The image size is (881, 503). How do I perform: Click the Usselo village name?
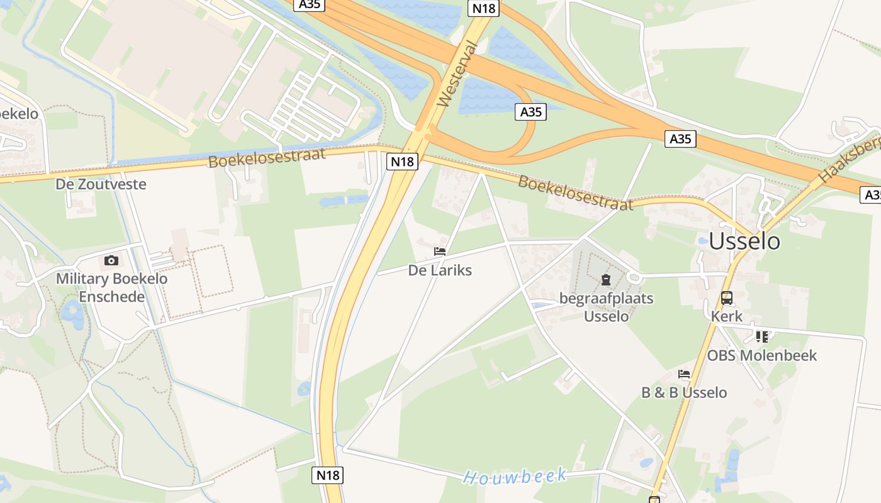744,241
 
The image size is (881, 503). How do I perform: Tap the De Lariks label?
440,270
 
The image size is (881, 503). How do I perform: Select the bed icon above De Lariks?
440,251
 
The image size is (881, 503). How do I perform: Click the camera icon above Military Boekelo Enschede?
111,260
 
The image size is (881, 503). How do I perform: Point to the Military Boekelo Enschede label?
111,287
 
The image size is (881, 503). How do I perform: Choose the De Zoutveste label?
101,184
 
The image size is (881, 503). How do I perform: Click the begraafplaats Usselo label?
606,307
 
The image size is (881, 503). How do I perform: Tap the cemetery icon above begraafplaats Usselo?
606,280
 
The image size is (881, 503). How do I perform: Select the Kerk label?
727,316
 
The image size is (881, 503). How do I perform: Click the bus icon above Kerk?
727,297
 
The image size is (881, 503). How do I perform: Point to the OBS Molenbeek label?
761,355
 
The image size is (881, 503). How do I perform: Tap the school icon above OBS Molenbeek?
762,337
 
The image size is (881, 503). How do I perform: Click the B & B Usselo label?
684,392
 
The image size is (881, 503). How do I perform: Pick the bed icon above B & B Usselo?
684,374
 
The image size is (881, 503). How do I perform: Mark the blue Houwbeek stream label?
515,476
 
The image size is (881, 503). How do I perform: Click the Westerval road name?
457,74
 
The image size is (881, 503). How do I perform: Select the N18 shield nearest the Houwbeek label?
327,475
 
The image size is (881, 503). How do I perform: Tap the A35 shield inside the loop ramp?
530,112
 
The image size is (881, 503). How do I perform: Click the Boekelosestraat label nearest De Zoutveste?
267,157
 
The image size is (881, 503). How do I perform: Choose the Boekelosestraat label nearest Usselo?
575,193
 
